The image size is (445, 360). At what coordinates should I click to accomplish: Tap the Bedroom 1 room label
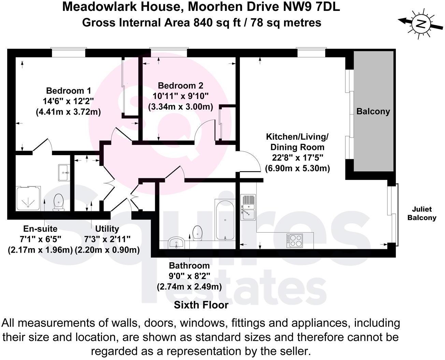(x=69, y=91)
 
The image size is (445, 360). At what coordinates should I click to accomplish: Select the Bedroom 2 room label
(x=181, y=86)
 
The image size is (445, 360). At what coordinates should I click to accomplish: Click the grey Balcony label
(x=373, y=111)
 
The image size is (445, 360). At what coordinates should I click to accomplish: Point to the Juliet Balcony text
(x=422, y=213)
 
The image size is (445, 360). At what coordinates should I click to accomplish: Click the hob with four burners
(x=295, y=240)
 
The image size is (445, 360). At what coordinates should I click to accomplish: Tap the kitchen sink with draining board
(x=248, y=207)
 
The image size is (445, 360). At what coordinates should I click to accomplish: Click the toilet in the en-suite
(x=58, y=202)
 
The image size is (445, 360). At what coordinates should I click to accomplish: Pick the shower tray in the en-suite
(x=28, y=198)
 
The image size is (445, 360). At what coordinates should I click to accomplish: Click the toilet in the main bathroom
(x=198, y=233)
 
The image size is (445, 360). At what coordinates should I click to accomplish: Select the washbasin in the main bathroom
(x=176, y=243)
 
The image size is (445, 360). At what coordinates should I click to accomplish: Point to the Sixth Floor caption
(x=201, y=305)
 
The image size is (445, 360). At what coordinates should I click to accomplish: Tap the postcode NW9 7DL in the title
(x=311, y=7)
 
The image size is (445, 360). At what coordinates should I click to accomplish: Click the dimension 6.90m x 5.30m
(x=297, y=168)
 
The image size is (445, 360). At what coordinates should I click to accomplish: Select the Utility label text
(x=107, y=229)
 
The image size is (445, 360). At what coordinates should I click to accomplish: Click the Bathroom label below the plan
(x=189, y=266)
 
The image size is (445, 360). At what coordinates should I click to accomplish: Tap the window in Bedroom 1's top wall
(x=69, y=52)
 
